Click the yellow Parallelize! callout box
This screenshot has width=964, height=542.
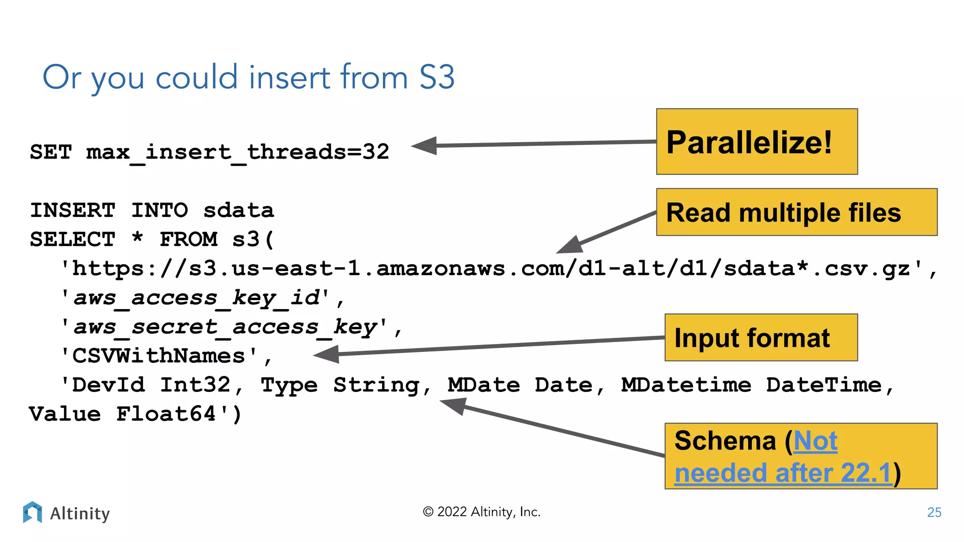(756, 142)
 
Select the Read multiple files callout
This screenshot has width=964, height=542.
(796, 212)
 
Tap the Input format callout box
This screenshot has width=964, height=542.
(761, 337)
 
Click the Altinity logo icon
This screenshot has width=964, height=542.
(32, 512)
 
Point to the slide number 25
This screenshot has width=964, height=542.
(934, 512)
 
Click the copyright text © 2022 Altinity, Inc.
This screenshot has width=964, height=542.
(481, 512)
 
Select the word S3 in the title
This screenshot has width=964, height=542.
(437, 77)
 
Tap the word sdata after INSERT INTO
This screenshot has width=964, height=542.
(238, 210)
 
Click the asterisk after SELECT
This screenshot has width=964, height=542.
(137, 238)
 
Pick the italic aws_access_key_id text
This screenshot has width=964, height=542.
(196, 298)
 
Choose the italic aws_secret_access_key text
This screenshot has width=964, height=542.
(225, 327)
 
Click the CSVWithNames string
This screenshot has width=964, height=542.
(159, 356)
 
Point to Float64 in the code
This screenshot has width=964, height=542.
(166, 414)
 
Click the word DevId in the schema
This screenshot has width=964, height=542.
(108, 385)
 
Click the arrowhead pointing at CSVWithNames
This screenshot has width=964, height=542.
(326, 354)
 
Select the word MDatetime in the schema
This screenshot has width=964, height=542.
(686, 385)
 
